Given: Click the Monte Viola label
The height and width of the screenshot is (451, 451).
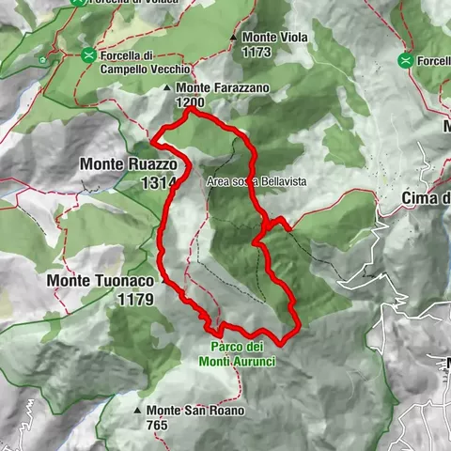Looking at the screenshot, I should point(272,38).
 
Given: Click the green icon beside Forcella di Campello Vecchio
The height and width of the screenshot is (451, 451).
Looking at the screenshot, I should point(88,55).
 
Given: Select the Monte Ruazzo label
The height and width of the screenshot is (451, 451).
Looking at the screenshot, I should point(122,163).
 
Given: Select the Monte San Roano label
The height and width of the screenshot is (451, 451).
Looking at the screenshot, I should point(194,411).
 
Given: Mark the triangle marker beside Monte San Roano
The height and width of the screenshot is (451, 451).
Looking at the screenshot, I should point(137,411).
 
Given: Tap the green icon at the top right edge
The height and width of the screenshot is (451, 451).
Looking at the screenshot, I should point(406,61).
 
